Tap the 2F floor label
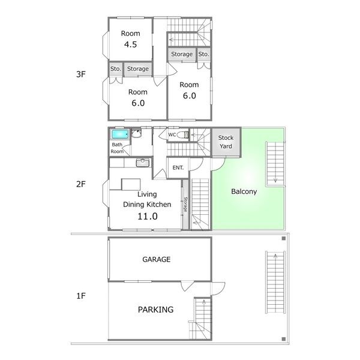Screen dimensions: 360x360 [82, 184]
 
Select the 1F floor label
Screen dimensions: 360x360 [82, 296]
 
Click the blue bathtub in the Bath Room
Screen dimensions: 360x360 [119, 134]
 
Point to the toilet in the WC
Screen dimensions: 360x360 [186, 135]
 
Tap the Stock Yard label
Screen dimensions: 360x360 [226, 142]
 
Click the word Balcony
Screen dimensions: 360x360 [244, 192]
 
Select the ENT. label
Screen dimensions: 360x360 [178, 167]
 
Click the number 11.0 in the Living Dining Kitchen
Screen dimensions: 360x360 [147, 216]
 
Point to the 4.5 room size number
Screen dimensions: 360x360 [131, 44]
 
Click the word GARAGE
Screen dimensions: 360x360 [157, 260]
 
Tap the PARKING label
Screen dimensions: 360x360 [155, 310]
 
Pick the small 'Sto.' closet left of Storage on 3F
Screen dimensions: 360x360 [115, 69]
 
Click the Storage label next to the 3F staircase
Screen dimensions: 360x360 [182, 55]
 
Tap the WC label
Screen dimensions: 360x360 [172, 134]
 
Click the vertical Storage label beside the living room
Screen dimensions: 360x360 [185, 205]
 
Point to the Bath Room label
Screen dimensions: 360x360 [117, 148]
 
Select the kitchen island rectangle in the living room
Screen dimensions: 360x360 [130, 184]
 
